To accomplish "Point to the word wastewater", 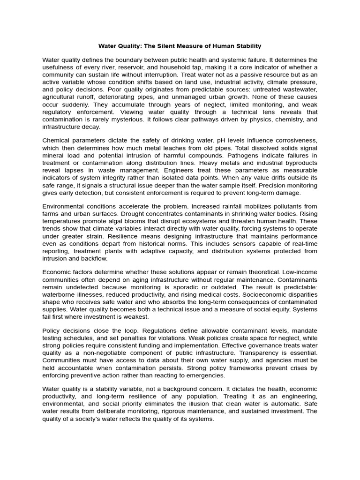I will click(x=296, y=90).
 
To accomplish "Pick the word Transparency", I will click(x=265, y=353).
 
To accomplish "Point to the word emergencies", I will click(x=205, y=375).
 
